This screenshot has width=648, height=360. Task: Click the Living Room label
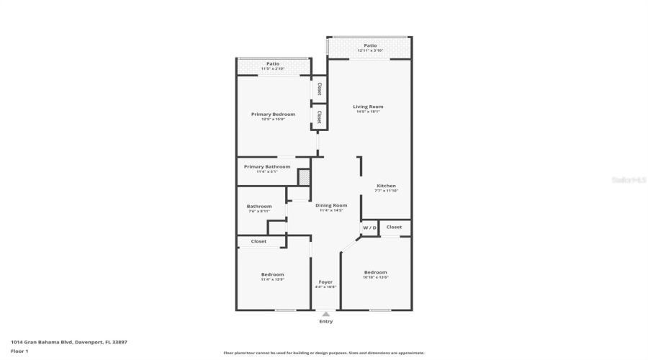pyautogui.click(x=369, y=107)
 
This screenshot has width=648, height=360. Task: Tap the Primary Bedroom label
pyautogui.click(x=273, y=114)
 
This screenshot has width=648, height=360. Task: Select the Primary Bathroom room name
pyautogui.click(x=267, y=166)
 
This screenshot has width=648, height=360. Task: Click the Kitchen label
pyautogui.click(x=386, y=186)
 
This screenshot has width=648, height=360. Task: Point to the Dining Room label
pyautogui.click(x=331, y=205)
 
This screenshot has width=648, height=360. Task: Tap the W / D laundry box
pyautogui.click(x=369, y=228)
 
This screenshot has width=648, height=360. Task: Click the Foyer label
pyautogui.click(x=325, y=282)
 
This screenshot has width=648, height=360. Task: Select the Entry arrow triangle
pyautogui.click(x=326, y=314)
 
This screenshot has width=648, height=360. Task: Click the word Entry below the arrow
pyautogui.click(x=326, y=321)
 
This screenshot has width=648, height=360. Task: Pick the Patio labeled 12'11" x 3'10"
pyautogui.click(x=370, y=45)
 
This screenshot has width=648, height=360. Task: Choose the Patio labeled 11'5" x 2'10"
pyautogui.click(x=273, y=64)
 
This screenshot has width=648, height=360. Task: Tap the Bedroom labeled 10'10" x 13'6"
pyautogui.click(x=375, y=272)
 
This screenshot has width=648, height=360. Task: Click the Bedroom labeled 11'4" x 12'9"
pyautogui.click(x=272, y=274)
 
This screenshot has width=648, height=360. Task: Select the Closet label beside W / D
pyautogui.click(x=394, y=227)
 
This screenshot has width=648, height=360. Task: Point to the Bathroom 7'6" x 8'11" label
pyautogui.click(x=259, y=207)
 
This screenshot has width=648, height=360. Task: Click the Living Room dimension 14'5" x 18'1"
pyautogui.click(x=369, y=112)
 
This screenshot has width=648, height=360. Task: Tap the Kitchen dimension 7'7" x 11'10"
pyautogui.click(x=386, y=191)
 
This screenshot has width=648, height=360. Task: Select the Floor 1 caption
pyautogui.click(x=19, y=351)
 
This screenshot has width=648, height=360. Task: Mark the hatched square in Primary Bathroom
pyautogui.click(x=304, y=176)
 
